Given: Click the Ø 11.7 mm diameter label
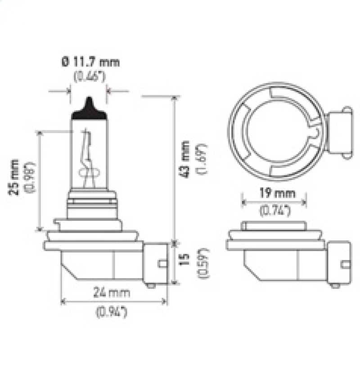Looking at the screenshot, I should point(90,62).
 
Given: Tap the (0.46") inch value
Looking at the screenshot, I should point(90,76).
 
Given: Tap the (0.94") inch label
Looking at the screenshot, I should point(112,310).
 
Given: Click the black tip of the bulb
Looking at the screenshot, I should point(89,109).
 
